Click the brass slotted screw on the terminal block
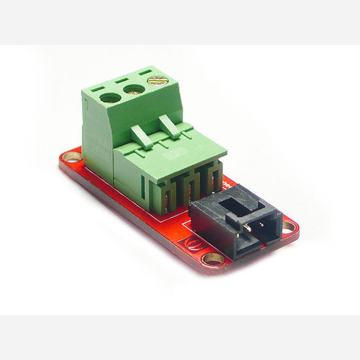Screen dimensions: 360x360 (x=157, y=81)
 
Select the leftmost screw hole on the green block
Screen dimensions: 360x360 (x=110, y=98)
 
